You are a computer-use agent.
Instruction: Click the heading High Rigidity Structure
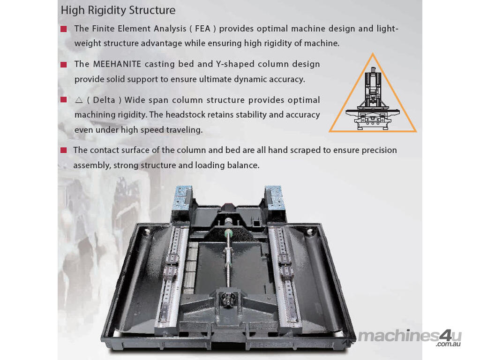pyautogui.click(x=118, y=10)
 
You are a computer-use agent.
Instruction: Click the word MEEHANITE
pyautogui.click(x=117, y=64)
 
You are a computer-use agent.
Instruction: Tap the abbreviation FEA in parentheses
pyautogui.click(x=202, y=29)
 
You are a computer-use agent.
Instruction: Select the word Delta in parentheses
pyautogui.click(x=104, y=100)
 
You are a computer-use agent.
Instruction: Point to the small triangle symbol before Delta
pyautogui.click(x=79, y=100)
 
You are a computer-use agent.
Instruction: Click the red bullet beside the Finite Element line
pyautogui.click(x=64, y=29)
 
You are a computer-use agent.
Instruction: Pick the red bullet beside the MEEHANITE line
pyautogui.click(x=64, y=65)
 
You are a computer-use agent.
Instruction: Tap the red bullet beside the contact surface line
pyautogui.click(x=64, y=150)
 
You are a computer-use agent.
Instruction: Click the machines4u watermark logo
pyautogui.click(x=410, y=336)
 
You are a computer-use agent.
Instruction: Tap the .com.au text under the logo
pyautogui.click(x=449, y=344)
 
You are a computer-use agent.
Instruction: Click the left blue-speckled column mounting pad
pyautogui.click(x=183, y=198)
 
